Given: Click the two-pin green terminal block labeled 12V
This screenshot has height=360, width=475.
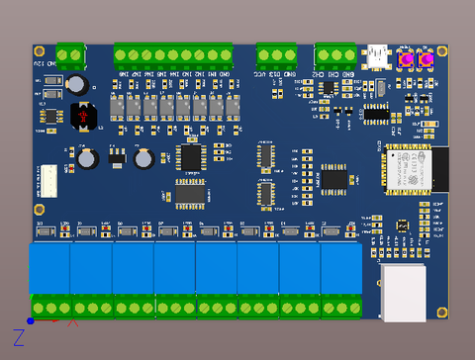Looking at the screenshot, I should pyautogui.click(x=70, y=54).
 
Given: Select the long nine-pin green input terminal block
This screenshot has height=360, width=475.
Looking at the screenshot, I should pyautogui.click(x=172, y=54).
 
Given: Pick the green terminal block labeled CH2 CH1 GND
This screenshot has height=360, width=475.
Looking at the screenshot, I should pyautogui.click(x=334, y=54).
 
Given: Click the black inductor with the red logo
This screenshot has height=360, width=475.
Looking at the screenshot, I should pyautogui.click(x=84, y=117).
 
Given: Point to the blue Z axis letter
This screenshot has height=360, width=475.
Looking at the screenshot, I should pyautogui.click(x=18, y=337).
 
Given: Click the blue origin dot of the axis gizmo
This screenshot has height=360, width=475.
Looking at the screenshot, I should pyautogui.click(x=31, y=320).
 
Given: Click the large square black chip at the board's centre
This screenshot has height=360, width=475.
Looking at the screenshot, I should pyautogui.click(x=190, y=156).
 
